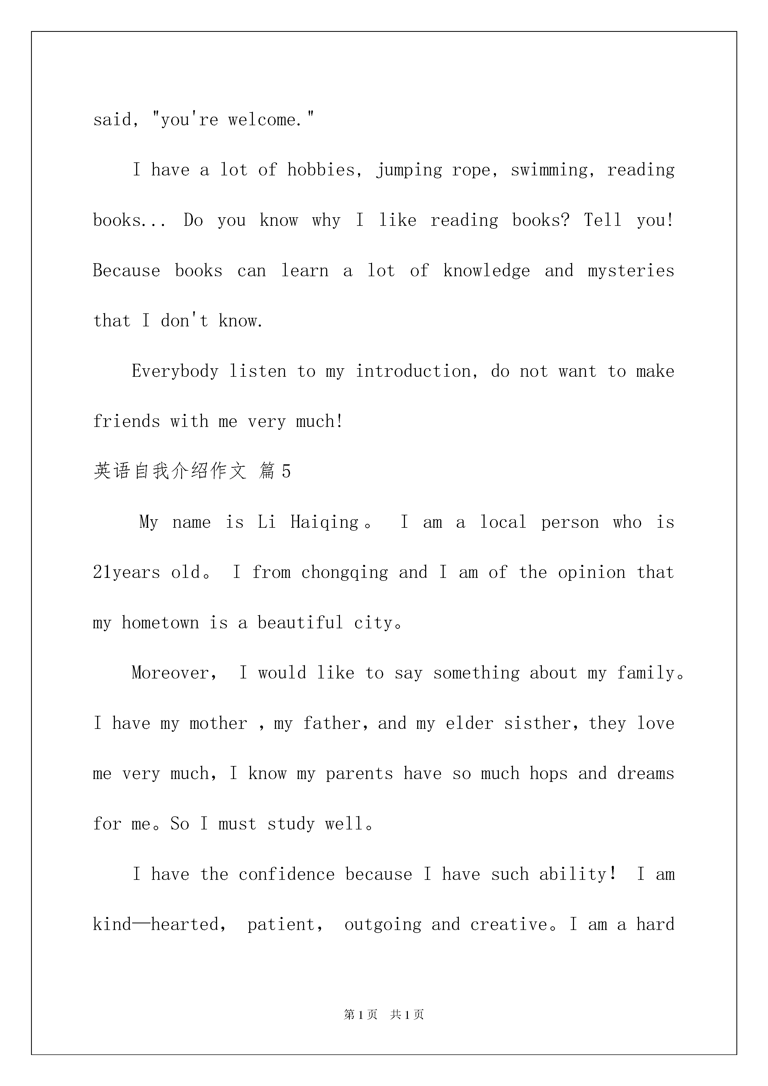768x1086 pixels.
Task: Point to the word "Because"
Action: pos(126,271)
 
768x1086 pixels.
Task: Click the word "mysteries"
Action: pos(631,271)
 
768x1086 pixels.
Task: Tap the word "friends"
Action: pos(126,421)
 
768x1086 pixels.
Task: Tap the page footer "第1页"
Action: pos(361,1015)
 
